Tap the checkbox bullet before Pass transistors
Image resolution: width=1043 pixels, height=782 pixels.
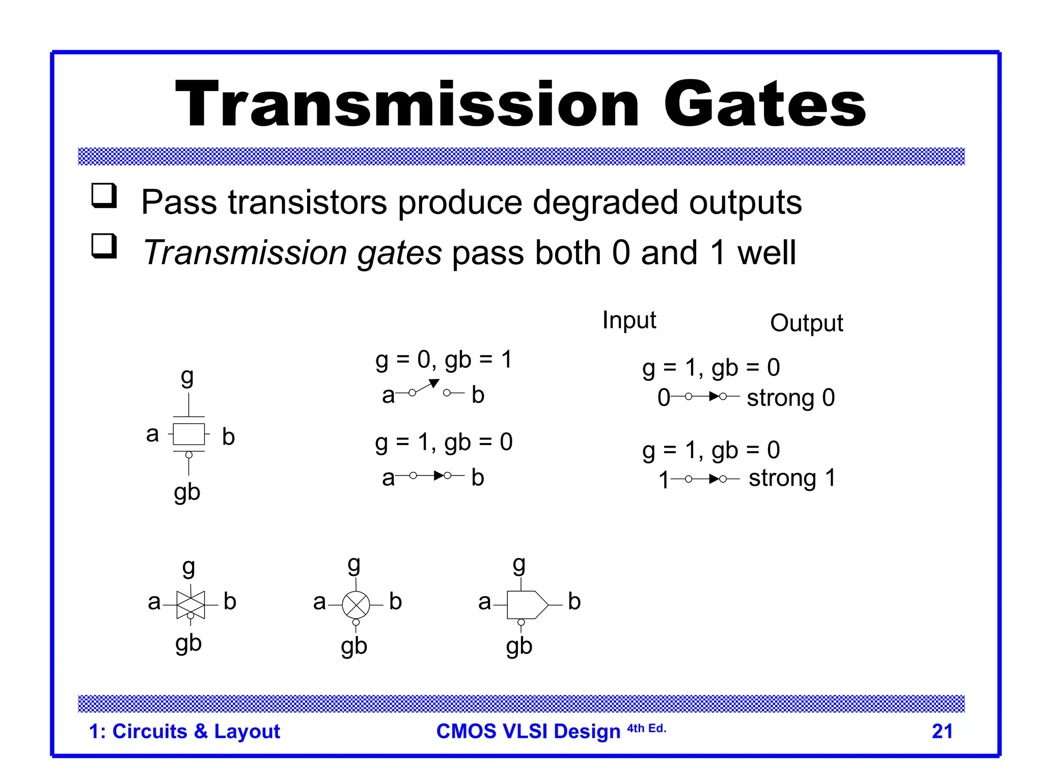(104, 195)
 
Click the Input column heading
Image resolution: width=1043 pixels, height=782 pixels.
(628, 320)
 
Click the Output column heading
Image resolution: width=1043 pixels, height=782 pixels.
(806, 323)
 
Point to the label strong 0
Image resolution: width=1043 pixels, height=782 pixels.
(790, 398)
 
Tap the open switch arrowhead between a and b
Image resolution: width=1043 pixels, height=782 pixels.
(434, 383)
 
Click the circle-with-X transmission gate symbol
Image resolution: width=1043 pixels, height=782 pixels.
(355, 605)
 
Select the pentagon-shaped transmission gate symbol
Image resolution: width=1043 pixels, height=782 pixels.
(527, 605)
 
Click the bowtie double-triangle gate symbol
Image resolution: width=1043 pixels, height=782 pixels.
(190, 605)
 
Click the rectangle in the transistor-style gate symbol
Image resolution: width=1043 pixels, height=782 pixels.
(188, 434)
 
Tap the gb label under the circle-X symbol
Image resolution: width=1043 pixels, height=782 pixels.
(354, 647)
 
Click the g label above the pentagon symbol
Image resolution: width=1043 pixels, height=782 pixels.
(518, 564)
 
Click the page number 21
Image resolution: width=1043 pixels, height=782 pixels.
(942, 731)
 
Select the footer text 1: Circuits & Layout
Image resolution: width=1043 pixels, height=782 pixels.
(184, 731)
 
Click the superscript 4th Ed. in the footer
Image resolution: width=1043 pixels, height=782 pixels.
(646, 729)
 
